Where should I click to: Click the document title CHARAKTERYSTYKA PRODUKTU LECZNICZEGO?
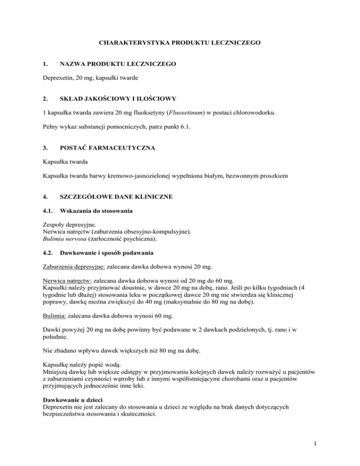click(180, 43)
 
